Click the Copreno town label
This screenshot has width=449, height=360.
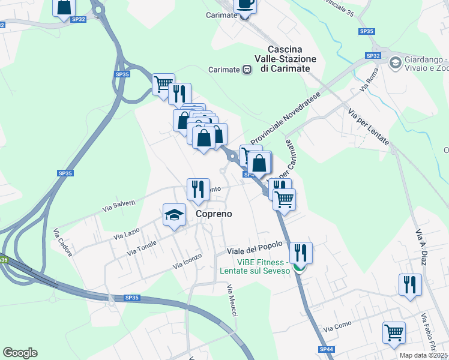pos(214,214)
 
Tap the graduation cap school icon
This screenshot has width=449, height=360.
pos(174,215)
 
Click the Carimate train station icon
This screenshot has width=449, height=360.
pos(247,70)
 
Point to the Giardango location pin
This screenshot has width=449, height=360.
pos(395,62)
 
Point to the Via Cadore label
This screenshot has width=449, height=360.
pos(62,243)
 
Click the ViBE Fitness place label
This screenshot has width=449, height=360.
pos(255,266)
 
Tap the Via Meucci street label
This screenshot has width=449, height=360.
pos(232,298)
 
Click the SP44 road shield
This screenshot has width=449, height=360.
pos(326,349)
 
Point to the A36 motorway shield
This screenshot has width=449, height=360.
pos(4,260)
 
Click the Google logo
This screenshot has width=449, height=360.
pos(20,353)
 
